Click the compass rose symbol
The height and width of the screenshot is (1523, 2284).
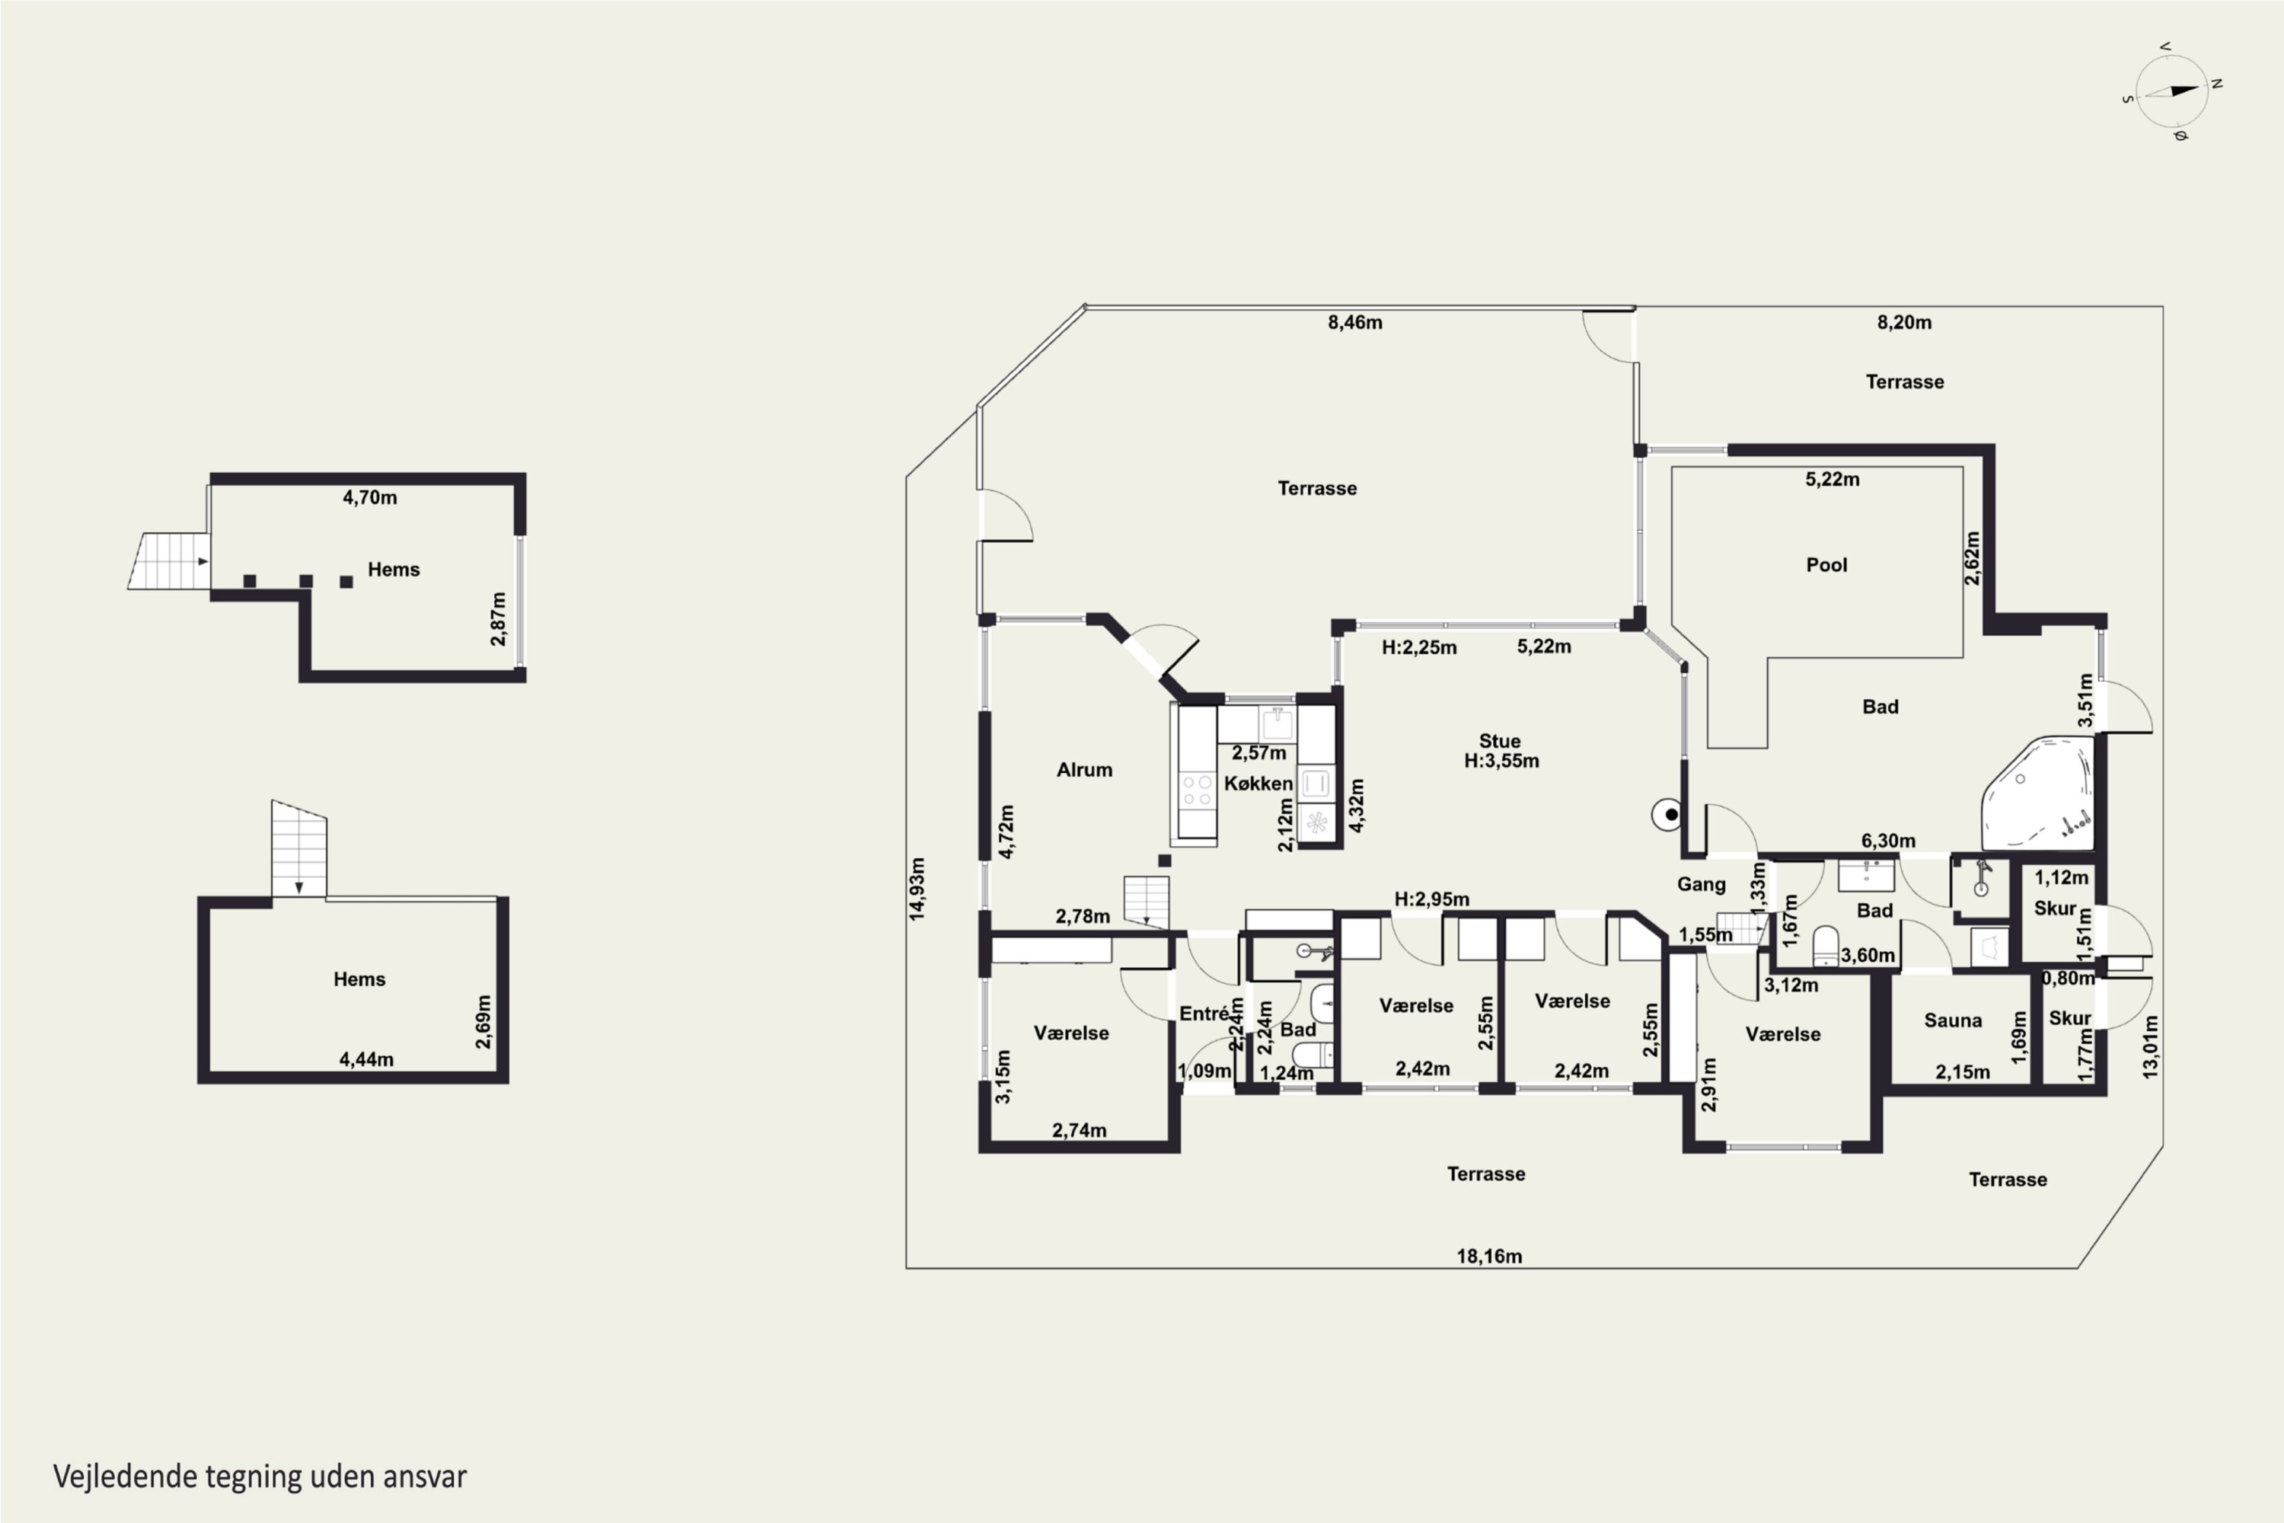(x=2172, y=92)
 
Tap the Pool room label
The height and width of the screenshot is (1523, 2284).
(x=1826, y=564)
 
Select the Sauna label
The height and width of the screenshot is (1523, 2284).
(x=1953, y=1020)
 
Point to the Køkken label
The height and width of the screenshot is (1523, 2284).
(x=1258, y=783)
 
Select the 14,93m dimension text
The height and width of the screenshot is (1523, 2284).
(x=917, y=888)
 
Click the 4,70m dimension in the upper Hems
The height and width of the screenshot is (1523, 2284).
(x=369, y=497)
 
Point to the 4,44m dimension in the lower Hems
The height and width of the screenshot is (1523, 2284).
(x=366, y=1058)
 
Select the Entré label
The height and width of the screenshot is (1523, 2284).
(x=1204, y=1013)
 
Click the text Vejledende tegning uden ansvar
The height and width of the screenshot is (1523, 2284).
(x=260, y=1477)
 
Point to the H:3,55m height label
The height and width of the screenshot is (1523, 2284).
(x=1501, y=761)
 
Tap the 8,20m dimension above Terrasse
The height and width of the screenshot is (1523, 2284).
(x=1903, y=322)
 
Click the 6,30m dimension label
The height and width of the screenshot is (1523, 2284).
(x=1888, y=840)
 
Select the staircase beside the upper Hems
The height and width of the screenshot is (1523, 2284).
(x=169, y=560)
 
